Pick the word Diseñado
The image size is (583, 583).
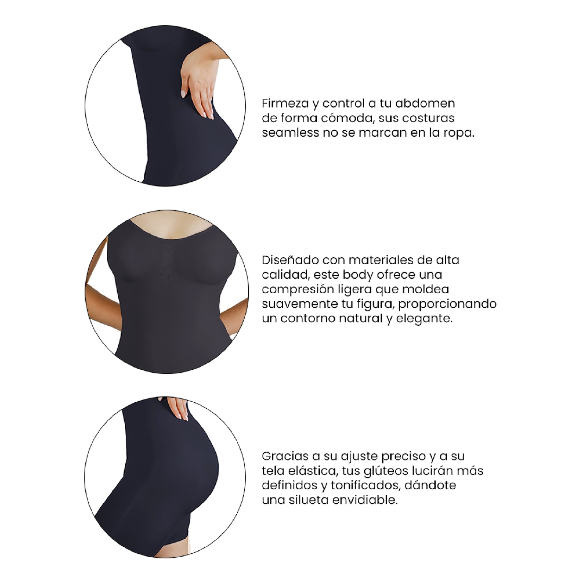pyautogui.click(x=290, y=260)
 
